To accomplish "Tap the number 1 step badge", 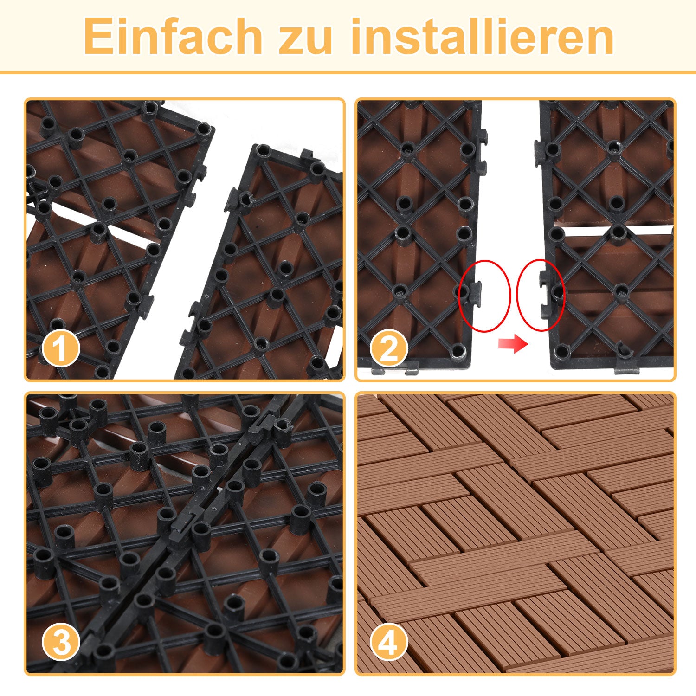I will (61, 348).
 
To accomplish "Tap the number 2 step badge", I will (389, 348).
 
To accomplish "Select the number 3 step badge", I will (61, 643).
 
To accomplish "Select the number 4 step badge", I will (389, 643).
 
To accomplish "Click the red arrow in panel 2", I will (513, 344).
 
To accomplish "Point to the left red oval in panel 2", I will (484, 296).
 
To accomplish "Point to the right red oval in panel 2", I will (540, 296).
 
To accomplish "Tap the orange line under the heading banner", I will (348, 72).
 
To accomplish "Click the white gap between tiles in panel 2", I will (510, 209).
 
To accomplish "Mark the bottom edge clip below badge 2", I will (411, 371).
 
